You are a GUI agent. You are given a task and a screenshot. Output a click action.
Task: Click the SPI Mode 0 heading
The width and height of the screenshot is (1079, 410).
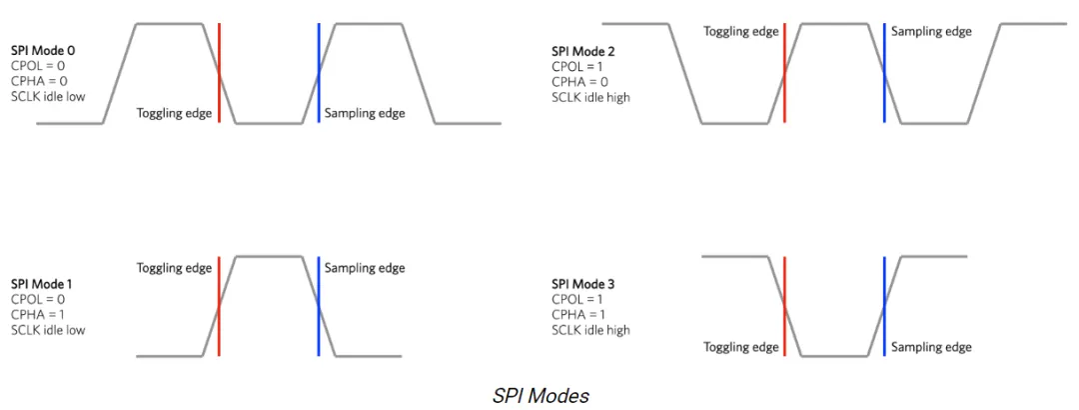pos(43,49)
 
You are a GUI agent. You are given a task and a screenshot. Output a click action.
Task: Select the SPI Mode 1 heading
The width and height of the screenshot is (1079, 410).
pos(43,284)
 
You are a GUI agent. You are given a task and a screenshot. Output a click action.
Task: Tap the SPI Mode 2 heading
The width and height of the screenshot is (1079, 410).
pos(583,50)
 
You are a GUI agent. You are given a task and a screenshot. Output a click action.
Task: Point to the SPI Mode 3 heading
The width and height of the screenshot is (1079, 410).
pos(583,285)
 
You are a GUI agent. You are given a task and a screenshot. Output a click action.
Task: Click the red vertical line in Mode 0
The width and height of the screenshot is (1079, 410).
pos(219,72)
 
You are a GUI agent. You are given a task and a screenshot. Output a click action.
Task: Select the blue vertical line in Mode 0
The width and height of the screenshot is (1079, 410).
pos(319,72)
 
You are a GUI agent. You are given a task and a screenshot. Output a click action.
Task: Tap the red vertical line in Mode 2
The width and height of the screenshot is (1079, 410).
pos(785,72)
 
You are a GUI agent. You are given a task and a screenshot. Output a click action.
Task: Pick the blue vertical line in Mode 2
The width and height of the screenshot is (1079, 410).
pos(884,72)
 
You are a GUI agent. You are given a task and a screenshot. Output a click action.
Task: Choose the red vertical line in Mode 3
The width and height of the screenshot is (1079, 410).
pos(785,306)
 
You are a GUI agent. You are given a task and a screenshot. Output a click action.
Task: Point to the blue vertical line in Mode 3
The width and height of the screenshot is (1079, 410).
pos(884,306)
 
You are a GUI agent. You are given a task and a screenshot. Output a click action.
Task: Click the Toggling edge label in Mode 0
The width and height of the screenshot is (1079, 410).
pos(174,113)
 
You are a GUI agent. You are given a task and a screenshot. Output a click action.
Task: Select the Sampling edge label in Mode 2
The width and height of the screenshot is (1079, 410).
pos(931,31)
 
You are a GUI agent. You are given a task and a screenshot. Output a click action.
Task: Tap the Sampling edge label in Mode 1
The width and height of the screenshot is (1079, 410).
pos(365,267)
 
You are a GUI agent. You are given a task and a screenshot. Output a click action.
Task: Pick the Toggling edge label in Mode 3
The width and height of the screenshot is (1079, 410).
pos(740,347)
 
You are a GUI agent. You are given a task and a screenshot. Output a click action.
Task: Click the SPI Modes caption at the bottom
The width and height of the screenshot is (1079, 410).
pos(540,395)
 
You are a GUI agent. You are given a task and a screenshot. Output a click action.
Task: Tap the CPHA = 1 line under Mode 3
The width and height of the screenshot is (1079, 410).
pos(580,315)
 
